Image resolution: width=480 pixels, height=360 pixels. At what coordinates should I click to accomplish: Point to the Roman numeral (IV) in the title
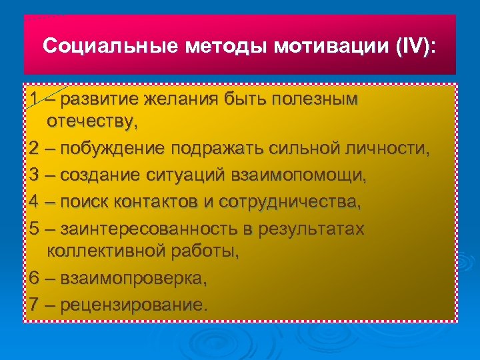[x=413, y=47]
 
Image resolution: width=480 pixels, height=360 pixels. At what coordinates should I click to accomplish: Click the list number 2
[x=35, y=147]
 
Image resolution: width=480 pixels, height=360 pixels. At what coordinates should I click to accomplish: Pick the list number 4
[x=35, y=201]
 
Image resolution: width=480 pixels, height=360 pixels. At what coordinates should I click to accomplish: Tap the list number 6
[x=35, y=279]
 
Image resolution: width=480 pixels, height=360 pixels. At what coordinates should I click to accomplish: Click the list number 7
[x=35, y=305]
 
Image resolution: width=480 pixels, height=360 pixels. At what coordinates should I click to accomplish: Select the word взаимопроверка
[x=133, y=279]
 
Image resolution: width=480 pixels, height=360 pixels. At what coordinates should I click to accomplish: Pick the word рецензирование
[x=133, y=305]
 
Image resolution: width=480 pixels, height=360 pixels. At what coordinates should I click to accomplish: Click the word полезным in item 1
[x=315, y=99]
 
